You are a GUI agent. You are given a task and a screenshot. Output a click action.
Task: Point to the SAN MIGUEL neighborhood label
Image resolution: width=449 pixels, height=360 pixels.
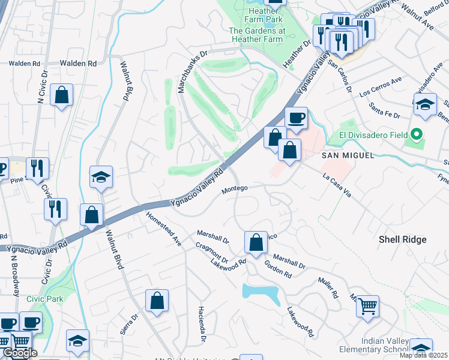(343, 155)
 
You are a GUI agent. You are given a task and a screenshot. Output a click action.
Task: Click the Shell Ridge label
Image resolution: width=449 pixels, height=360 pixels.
(402, 239)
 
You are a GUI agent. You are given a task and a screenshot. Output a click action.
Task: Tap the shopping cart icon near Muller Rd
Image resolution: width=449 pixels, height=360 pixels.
(367, 306)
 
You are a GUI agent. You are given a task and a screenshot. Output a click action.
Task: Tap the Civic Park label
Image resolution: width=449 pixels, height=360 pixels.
(44, 298)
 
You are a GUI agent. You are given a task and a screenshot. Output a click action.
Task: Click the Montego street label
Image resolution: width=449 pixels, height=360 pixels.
(235, 189)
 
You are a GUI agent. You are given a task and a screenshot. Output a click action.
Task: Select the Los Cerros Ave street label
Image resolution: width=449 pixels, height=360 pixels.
(380, 88)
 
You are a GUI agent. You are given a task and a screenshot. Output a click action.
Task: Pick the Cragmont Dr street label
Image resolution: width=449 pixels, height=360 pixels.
(211, 252)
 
